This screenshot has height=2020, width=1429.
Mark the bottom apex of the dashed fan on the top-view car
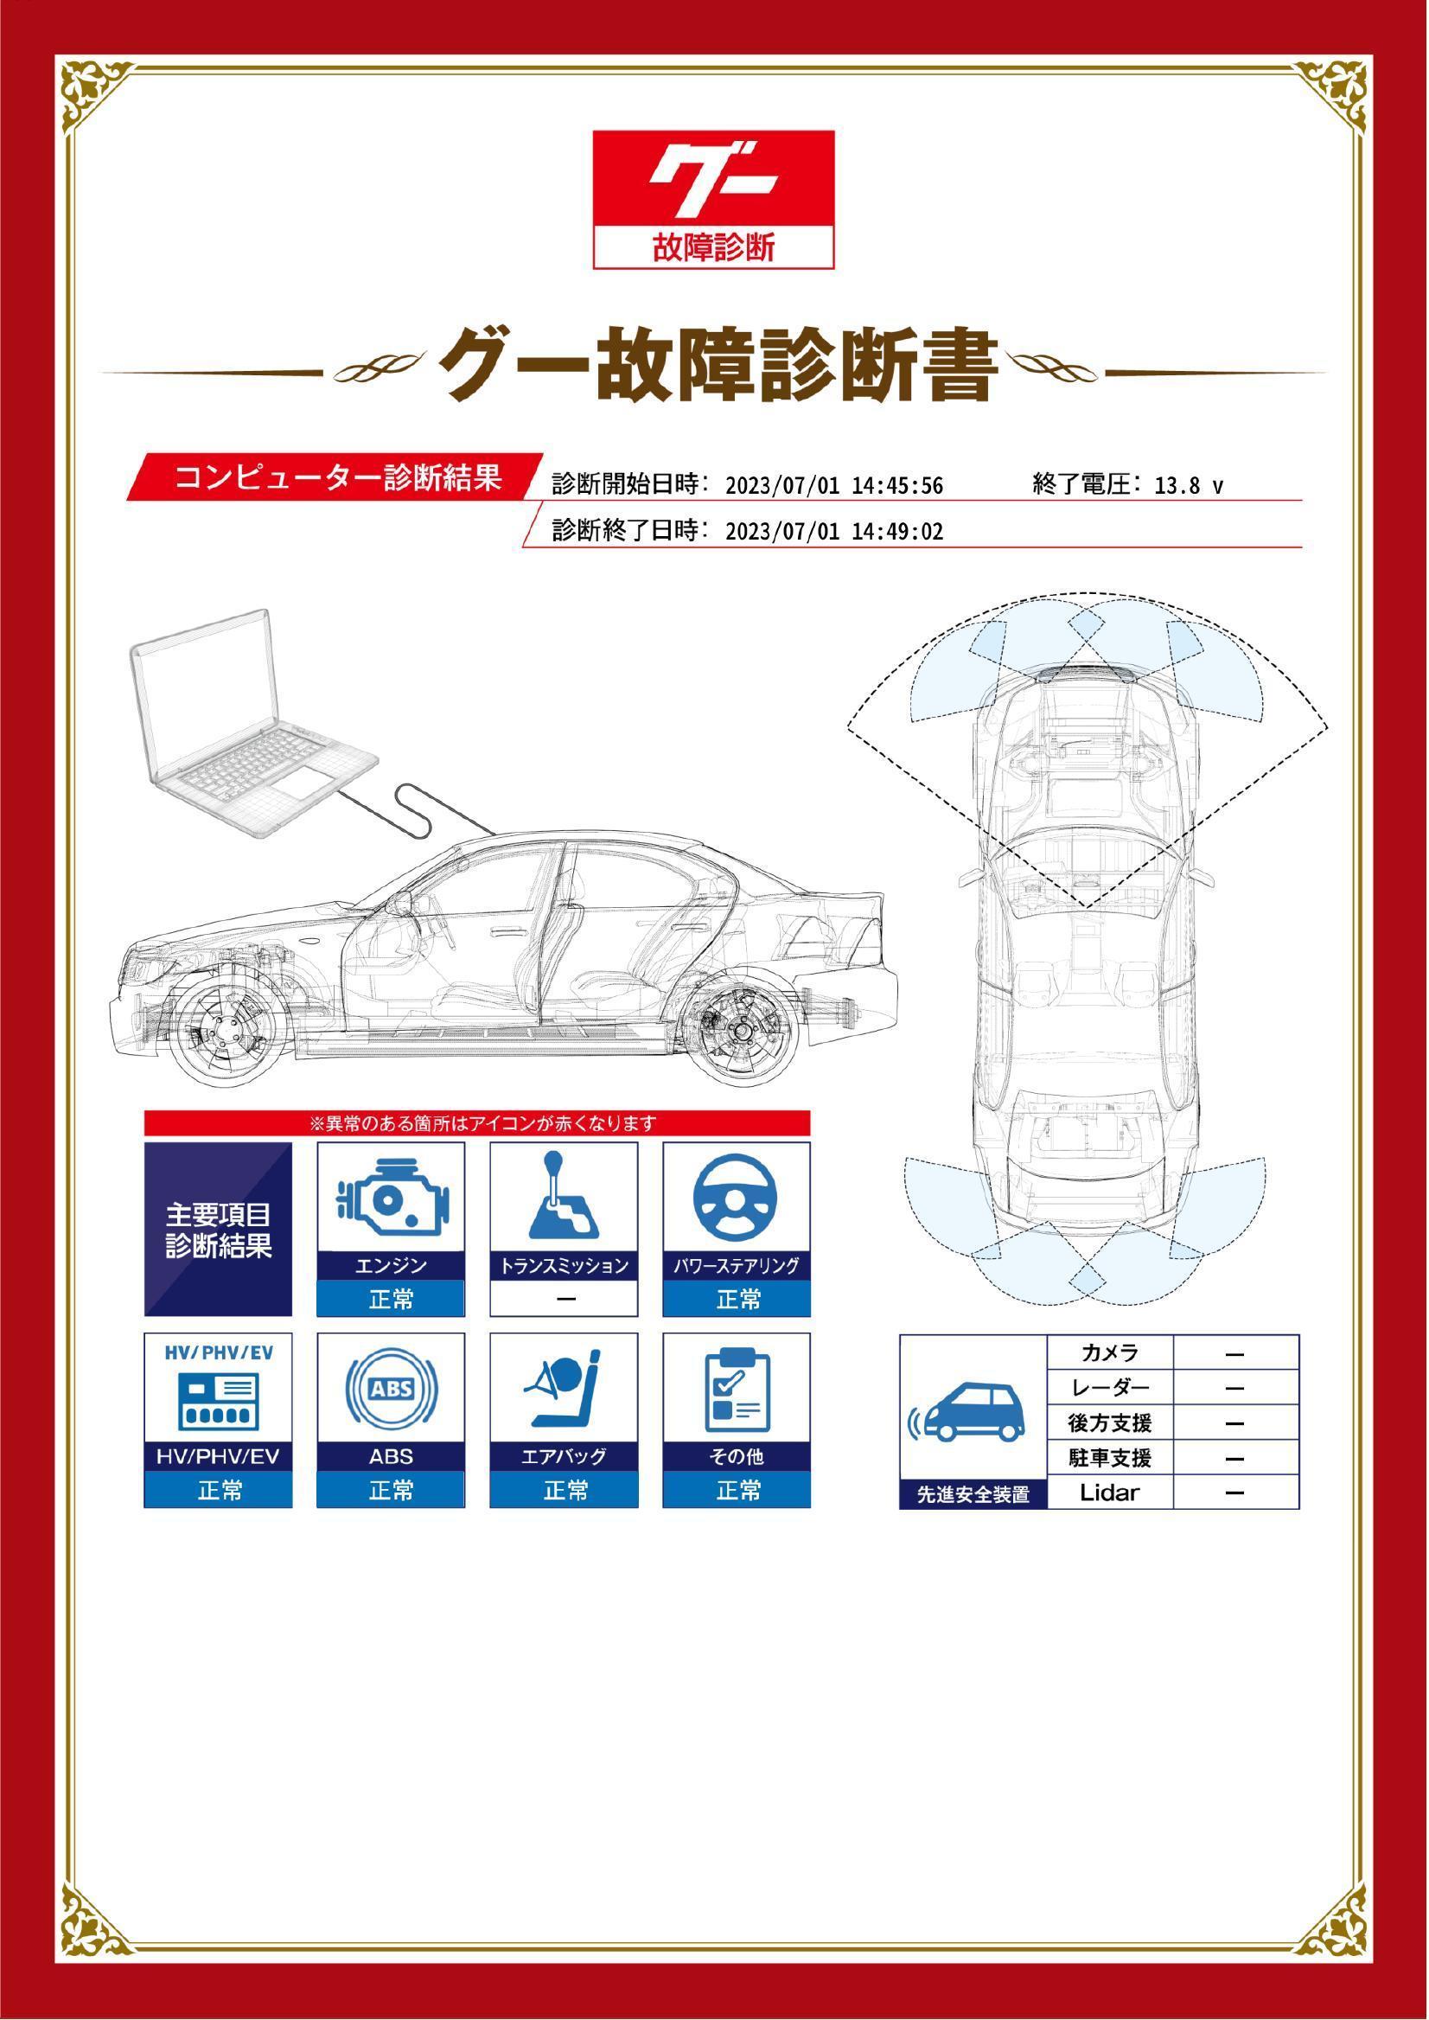click(1088, 907)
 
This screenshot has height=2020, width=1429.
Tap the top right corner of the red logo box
click(834, 131)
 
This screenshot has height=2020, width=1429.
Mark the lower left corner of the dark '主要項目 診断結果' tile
click(144, 1317)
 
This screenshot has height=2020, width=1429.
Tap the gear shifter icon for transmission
click(564, 1195)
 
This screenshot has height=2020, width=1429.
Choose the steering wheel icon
click(737, 1197)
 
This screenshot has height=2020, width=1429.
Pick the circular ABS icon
click(392, 1390)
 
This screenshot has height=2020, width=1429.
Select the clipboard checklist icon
click(737, 1390)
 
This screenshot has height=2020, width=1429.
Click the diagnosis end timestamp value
click(834, 532)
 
